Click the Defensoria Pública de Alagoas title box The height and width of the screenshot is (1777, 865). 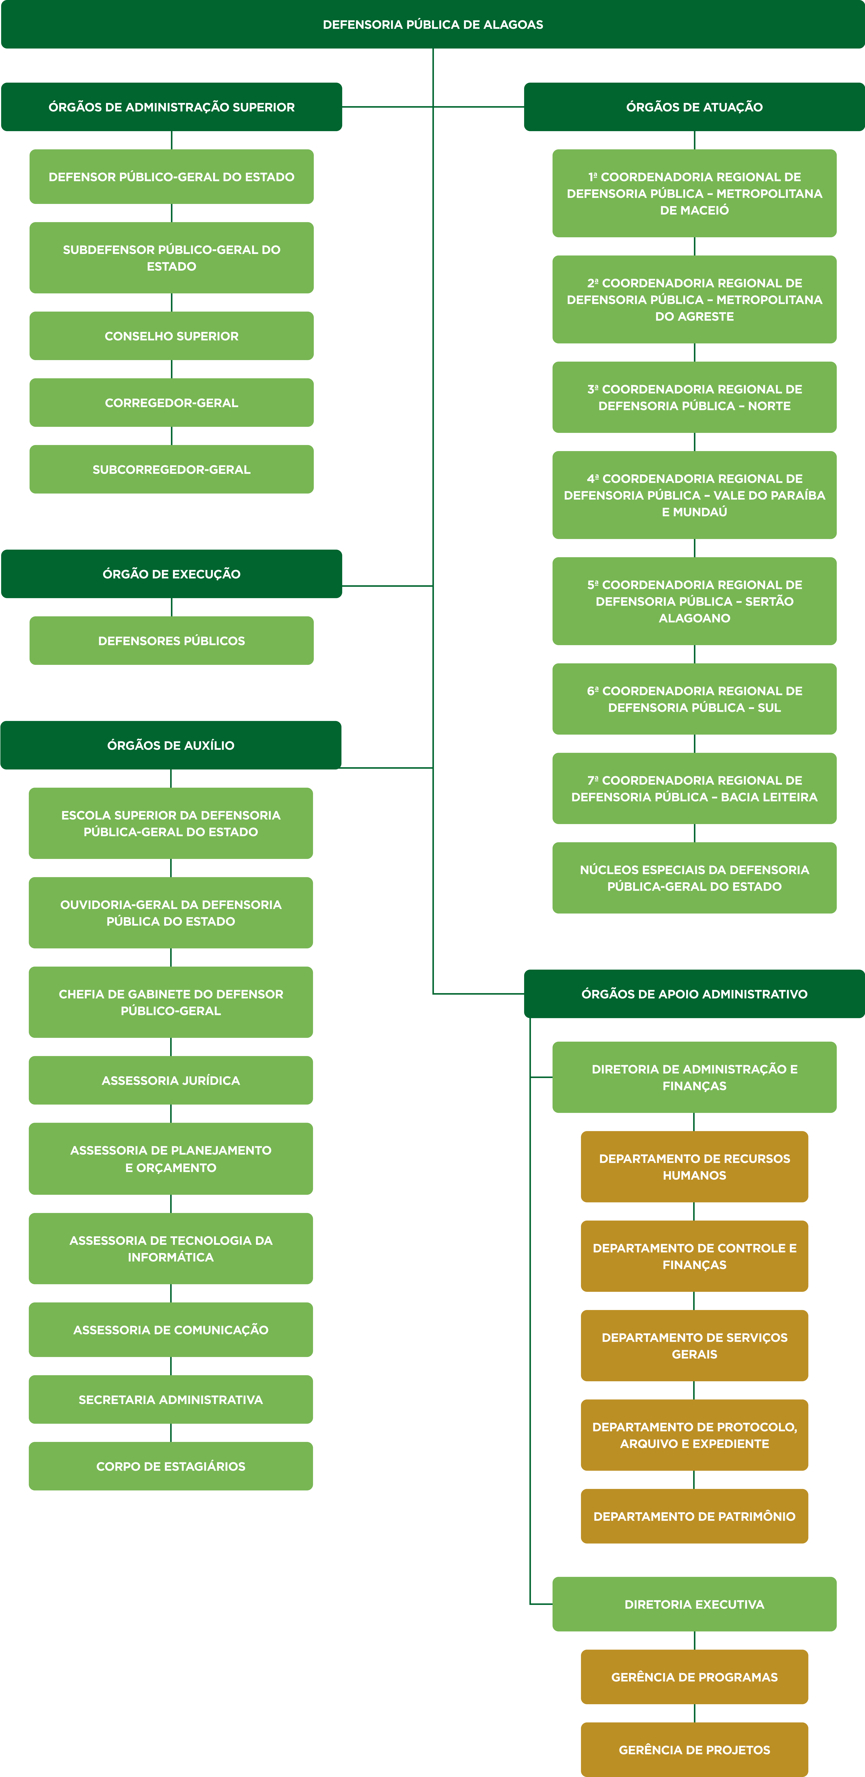click(432, 24)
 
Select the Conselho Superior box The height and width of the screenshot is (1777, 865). click(171, 336)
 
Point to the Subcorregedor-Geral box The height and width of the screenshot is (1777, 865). click(171, 469)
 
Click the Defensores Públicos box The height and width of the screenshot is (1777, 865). click(171, 641)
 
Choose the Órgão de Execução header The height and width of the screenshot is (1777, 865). click(171, 574)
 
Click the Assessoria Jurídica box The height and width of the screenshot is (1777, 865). click(170, 1080)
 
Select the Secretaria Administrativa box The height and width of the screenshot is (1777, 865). click(170, 1400)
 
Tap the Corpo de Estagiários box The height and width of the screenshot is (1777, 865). click(170, 1466)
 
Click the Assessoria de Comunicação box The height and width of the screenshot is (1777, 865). click(170, 1330)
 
